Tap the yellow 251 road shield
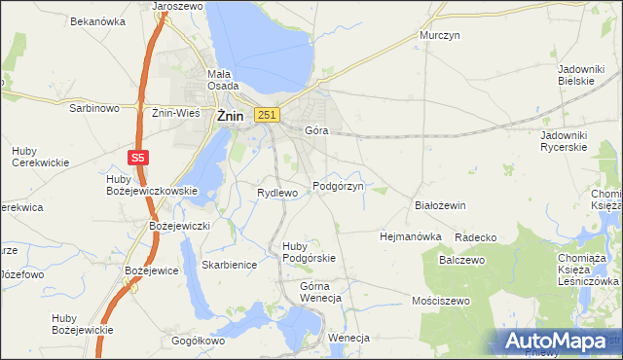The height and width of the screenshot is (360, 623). (268, 115)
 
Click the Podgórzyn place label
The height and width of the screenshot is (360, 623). (338, 186)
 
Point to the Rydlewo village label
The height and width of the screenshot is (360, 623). (276, 193)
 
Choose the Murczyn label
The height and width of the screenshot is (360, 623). (439, 35)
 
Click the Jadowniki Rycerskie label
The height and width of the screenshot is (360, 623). (575, 140)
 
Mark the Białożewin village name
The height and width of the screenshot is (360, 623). (441, 205)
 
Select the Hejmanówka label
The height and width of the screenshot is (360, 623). (410, 236)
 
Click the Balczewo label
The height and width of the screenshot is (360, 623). (461, 260)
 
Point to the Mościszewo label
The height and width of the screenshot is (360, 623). (441, 301)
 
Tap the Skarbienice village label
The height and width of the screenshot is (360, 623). (229, 264)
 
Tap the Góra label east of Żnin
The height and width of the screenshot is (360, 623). (316, 129)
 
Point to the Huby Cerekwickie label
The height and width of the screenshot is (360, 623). (40, 157)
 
